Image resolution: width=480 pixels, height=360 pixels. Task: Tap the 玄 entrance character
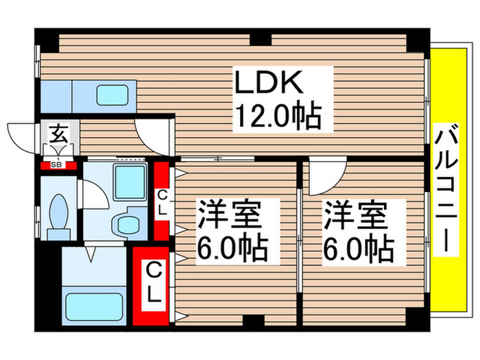[x=58, y=132]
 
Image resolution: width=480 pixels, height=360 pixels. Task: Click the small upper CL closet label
[x=162, y=204]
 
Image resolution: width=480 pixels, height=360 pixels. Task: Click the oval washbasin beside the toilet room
[x=125, y=224]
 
